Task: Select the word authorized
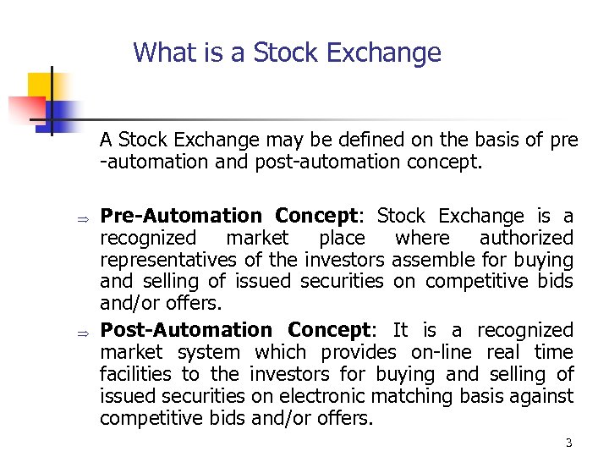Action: pyautogui.click(x=526, y=239)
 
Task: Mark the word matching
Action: pyautogui.click(x=430, y=396)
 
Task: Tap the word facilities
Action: pyautogui.click(x=136, y=374)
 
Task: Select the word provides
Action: pyautogui.click(x=360, y=352)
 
